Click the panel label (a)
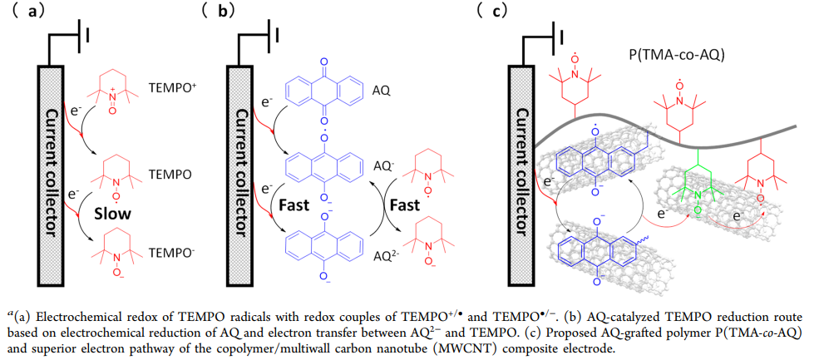coord(26,12)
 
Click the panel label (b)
coord(220,12)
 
